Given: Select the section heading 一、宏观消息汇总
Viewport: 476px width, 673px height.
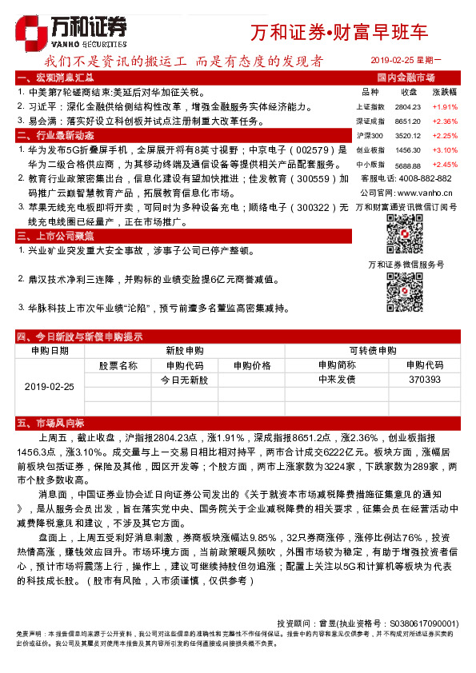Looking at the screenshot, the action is click(x=55, y=78).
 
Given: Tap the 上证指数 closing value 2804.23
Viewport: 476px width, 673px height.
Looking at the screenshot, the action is click(x=407, y=106).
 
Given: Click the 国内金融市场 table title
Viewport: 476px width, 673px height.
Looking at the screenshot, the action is click(x=406, y=78).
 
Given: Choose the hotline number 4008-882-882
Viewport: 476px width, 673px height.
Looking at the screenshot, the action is click(x=422, y=178).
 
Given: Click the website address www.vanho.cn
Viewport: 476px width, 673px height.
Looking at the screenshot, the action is click(x=424, y=193).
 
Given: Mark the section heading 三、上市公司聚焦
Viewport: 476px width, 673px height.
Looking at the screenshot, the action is click(x=55, y=237).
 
